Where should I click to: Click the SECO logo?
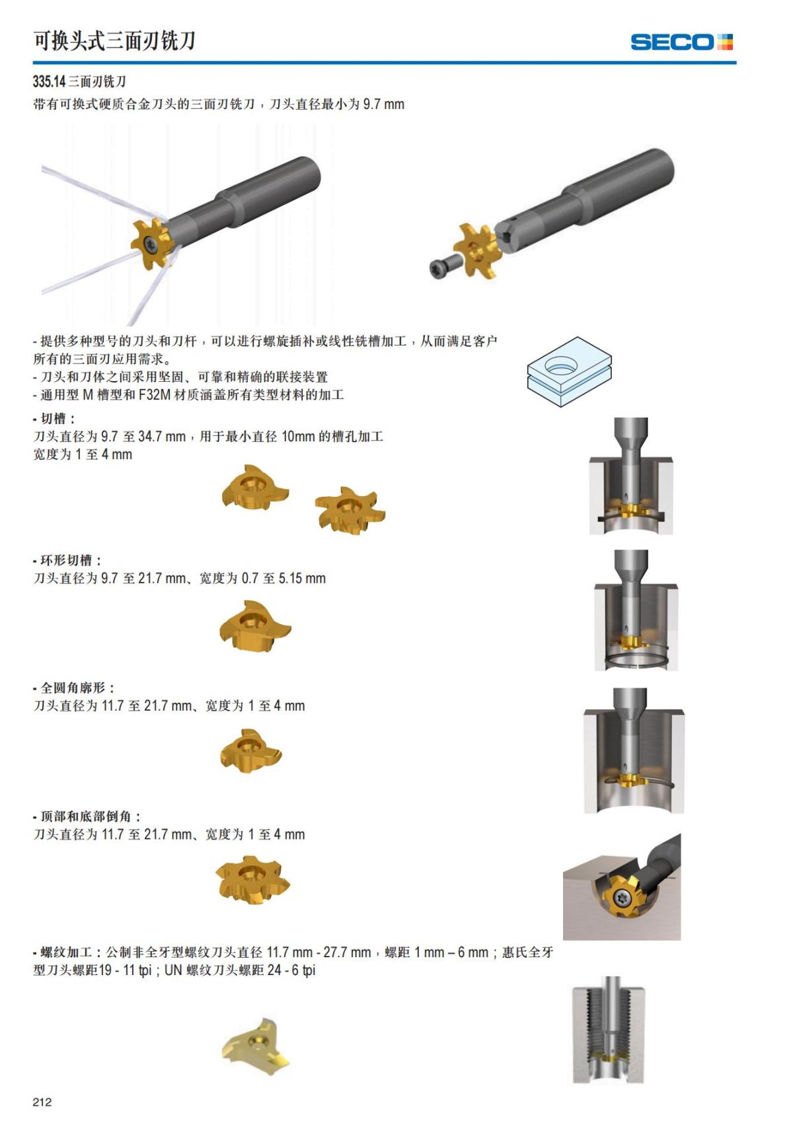click(x=681, y=42)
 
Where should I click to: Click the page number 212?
click(x=42, y=1101)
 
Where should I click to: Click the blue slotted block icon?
click(x=569, y=371)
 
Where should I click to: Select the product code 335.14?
click(x=49, y=82)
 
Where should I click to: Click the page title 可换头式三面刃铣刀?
click(x=114, y=41)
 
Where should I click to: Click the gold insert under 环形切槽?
click(x=254, y=627)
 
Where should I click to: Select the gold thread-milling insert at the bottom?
click(x=255, y=1046)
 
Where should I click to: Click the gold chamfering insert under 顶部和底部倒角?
click(x=252, y=881)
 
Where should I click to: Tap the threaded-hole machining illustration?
click(x=608, y=1031)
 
